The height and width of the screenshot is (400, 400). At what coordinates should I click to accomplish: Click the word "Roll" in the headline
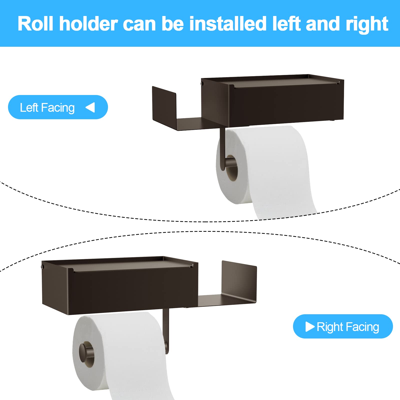tap(35, 24)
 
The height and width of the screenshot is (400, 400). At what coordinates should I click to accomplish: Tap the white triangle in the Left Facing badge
tap(90, 107)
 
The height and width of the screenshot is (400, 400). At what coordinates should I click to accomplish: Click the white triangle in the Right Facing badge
tap(310, 326)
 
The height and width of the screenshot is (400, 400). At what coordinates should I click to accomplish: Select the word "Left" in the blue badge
tap(29, 108)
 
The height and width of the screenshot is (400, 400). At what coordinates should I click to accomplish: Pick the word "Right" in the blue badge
tap(330, 327)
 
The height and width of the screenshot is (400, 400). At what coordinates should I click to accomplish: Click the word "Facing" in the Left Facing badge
tap(58, 108)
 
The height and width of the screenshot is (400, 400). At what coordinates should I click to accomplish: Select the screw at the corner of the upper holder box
tap(202, 83)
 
